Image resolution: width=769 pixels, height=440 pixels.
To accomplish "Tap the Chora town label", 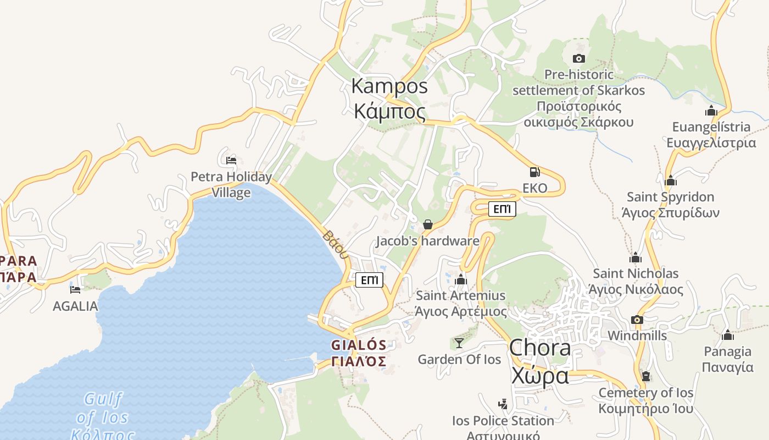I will pyautogui.click(x=540, y=362).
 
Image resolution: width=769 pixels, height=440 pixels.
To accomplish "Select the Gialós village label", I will pyautogui.click(x=359, y=353).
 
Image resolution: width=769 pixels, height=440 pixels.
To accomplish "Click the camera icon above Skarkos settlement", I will pyautogui.click(x=578, y=58).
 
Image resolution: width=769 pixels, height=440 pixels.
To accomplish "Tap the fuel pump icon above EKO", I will pyautogui.click(x=534, y=172).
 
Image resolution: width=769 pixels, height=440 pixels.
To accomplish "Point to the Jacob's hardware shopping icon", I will pyautogui.click(x=428, y=224).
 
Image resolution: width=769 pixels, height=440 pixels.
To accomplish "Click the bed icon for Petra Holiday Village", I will pyautogui.click(x=231, y=161).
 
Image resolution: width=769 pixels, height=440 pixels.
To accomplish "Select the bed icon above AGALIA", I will pyautogui.click(x=75, y=289).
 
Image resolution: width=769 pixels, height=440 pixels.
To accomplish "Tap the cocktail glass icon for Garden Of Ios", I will pyautogui.click(x=459, y=343).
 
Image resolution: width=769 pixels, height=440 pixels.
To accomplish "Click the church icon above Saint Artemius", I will pyautogui.click(x=461, y=279).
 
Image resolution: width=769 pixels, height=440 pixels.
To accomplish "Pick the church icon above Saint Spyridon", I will pyautogui.click(x=670, y=180).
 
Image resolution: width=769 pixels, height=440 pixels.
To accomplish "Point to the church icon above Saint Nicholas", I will pyautogui.click(x=636, y=257).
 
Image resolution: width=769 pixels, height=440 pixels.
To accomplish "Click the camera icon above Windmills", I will pyautogui.click(x=637, y=320).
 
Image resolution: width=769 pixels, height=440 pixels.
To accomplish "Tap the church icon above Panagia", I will pyautogui.click(x=728, y=334).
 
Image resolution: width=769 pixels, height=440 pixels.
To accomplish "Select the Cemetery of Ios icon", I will pyautogui.click(x=646, y=376).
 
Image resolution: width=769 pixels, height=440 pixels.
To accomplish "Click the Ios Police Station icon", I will pyautogui.click(x=503, y=404).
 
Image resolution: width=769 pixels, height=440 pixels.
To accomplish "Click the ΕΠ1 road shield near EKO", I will pyautogui.click(x=502, y=209).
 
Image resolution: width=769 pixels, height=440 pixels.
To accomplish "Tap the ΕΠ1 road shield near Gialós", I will pyautogui.click(x=369, y=280).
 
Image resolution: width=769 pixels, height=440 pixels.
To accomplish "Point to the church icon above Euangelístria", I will pyautogui.click(x=711, y=111).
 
